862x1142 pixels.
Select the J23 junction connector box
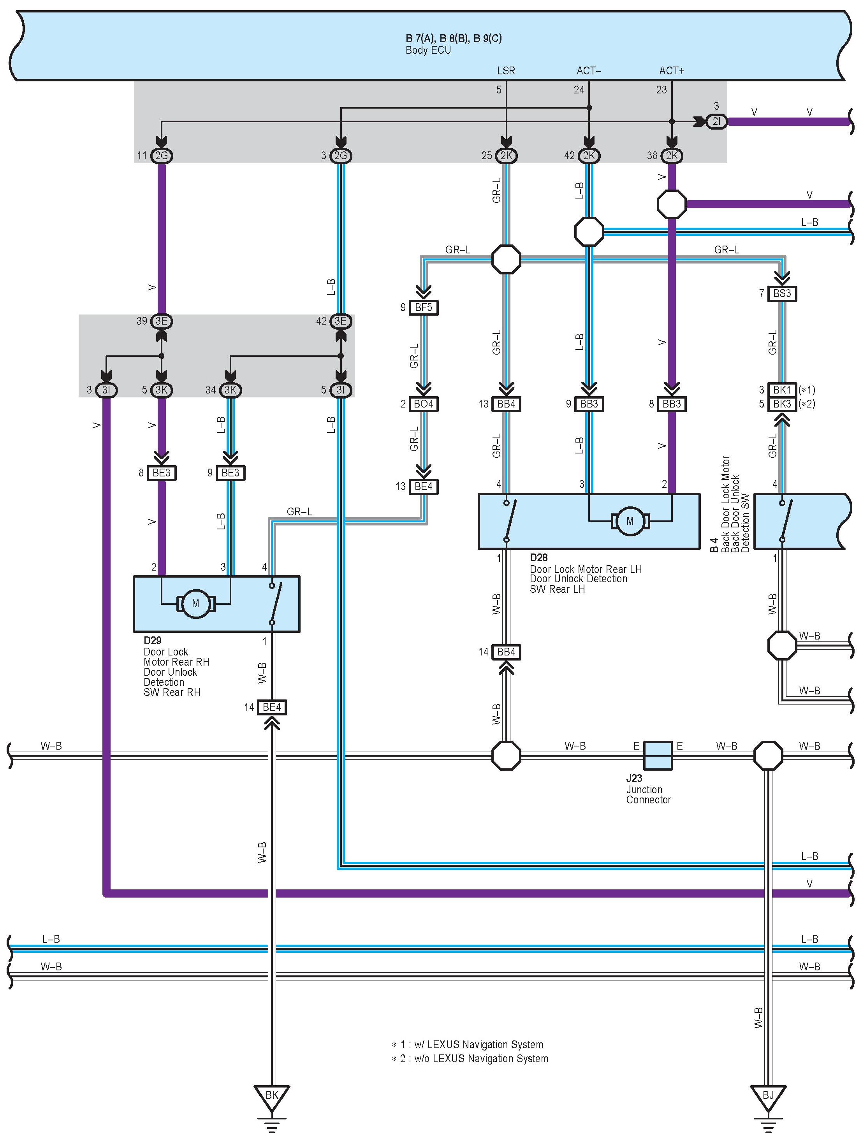658,756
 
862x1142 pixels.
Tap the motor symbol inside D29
195,603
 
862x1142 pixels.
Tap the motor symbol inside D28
630,521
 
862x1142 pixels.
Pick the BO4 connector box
424,404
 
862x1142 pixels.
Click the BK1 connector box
782,390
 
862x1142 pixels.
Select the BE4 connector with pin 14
272,707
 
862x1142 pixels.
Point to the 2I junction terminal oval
716,122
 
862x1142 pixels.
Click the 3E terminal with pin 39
161,321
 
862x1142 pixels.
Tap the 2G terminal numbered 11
161,155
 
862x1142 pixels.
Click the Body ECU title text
428,50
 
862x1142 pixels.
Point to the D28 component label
539,558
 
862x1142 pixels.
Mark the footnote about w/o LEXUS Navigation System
470,1058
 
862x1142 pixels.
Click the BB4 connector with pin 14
506,652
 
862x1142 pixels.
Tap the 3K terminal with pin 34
230,390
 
